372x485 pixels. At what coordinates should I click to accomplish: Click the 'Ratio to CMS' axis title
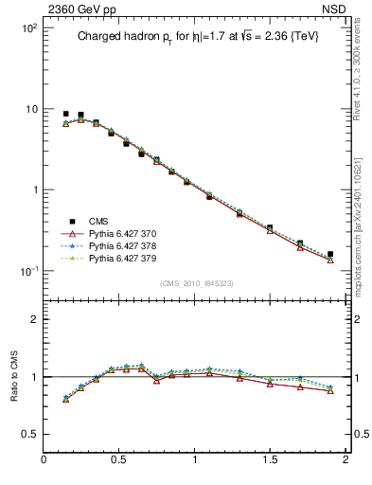(x=14, y=375)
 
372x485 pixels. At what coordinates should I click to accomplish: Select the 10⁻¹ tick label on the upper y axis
(x=27, y=271)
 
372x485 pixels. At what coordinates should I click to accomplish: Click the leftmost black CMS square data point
(x=65, y=114)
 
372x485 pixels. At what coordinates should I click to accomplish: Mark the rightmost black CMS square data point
(x=330, y=254)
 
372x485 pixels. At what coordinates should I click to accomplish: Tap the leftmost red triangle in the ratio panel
(x=65, y=399)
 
